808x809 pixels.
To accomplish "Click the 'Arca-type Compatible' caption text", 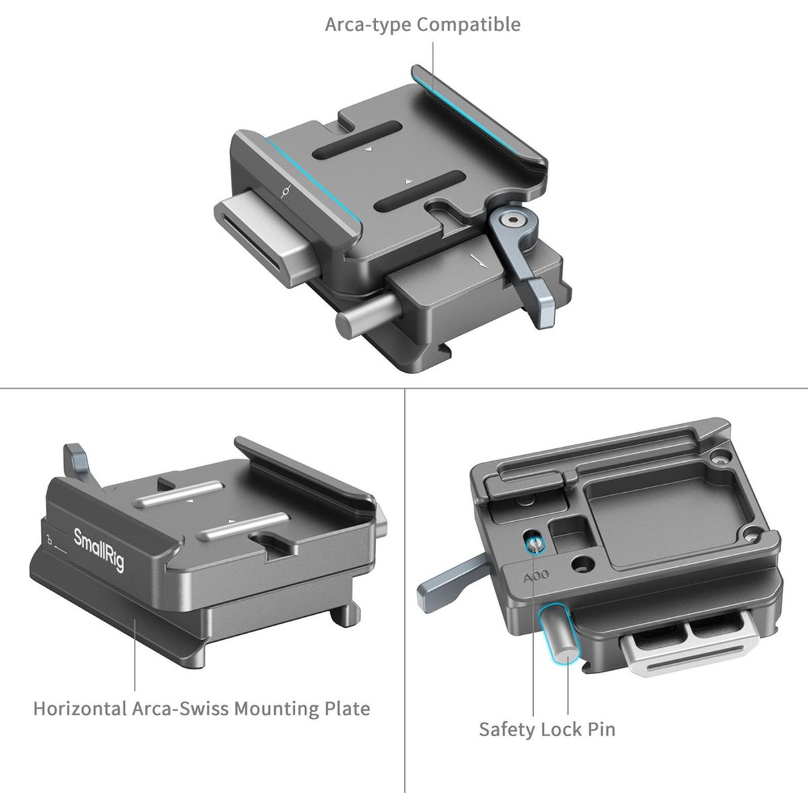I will [423, 25].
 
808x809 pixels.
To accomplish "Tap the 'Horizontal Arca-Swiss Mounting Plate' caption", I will [201, 709].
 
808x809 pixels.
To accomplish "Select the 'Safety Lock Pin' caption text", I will [547, 729].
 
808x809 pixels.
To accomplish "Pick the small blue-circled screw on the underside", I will [533, 543].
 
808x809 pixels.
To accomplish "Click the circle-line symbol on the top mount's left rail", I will [287, 192].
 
